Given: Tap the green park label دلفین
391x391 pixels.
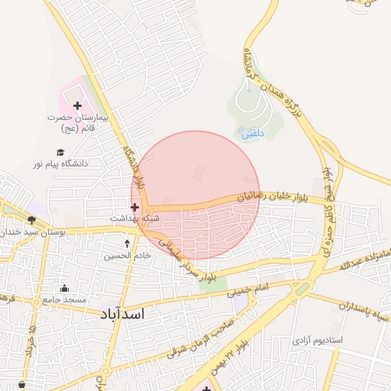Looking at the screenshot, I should click(x=252, y=133).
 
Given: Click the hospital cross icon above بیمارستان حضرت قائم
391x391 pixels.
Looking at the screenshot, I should click(x=77, y=105).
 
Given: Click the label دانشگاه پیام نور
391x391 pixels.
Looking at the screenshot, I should click(x=60, y=163).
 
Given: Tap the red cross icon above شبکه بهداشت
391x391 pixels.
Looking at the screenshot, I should click(x=135, y=206).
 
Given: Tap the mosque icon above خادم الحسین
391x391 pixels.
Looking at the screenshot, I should click(x=128, y=244).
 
